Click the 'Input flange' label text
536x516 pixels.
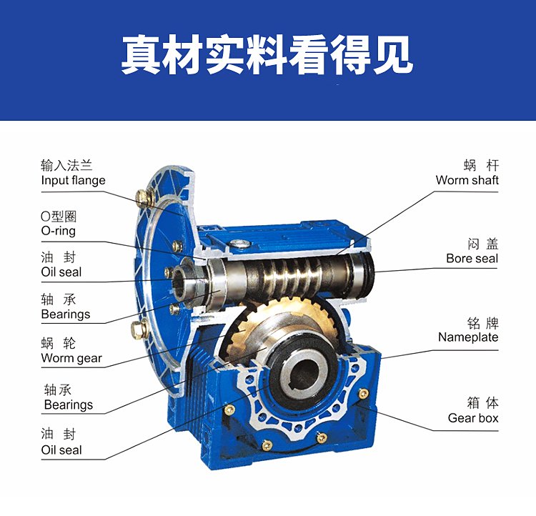(x=73, y=181)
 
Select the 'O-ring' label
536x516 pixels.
(x=58, y=231)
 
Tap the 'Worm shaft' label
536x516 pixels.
(x=467, y=180)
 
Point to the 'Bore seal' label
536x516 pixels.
(x=472, y=259)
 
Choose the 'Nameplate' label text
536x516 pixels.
(x=468, y=337)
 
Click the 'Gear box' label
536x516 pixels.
(x=473, y=418)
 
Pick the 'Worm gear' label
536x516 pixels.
(x=71, y=358)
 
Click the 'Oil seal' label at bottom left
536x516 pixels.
(x=61, y=450)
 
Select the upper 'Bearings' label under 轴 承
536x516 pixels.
(x=66, y=314)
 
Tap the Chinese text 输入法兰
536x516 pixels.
(x=66, y=166)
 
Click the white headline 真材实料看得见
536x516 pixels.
(x=267, y=55)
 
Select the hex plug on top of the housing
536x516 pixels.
(x=239, y=244)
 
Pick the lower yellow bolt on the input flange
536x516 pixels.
(x=139, y=329)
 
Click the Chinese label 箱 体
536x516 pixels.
(x=482, y=403)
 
